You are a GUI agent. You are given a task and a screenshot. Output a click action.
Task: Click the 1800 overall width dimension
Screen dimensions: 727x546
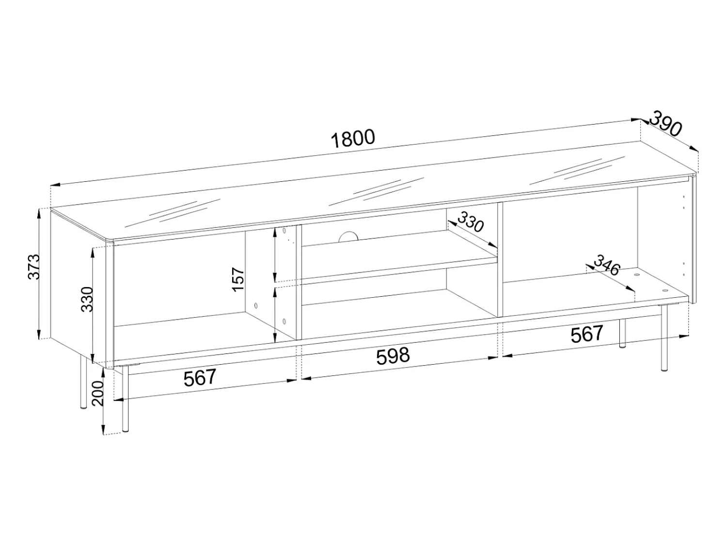coord(353,139)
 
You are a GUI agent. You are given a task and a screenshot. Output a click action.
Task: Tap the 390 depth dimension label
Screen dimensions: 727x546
coord(666,124)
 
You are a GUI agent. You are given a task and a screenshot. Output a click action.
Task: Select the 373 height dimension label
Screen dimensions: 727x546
coord(33,267)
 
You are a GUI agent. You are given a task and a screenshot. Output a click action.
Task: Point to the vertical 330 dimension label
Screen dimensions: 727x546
coord(87,299)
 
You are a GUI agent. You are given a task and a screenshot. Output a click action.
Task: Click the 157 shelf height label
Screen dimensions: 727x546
coord(238,279)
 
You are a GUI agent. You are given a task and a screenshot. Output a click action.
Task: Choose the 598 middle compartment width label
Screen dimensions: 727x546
coord(393,356)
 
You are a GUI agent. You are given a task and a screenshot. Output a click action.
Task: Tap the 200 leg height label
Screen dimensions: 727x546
coord(98,394)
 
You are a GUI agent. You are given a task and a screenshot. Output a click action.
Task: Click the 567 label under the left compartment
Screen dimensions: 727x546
coord(200,378)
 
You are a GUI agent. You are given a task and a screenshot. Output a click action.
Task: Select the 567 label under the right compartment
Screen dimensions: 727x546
coord(587,334)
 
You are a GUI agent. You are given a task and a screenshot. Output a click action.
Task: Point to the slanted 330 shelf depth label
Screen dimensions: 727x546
coord(471,222)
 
